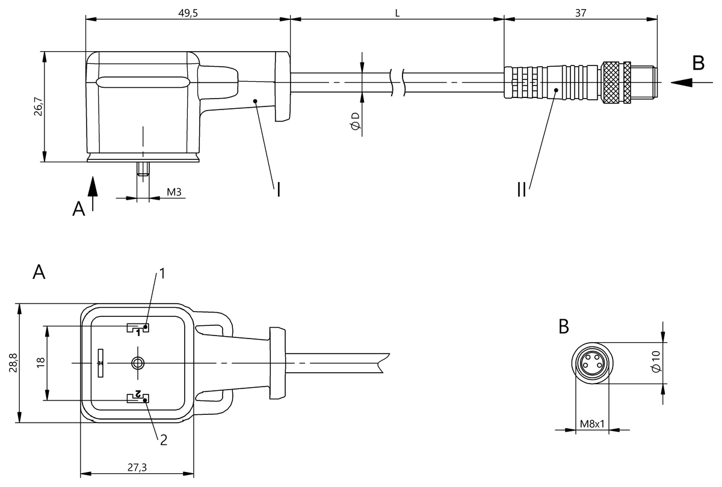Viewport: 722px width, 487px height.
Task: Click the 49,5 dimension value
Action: (188, 13)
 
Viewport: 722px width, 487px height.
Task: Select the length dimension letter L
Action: (397, 13)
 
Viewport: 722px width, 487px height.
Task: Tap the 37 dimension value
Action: (581, 13)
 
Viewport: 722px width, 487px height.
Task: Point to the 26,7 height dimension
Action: (38, 106)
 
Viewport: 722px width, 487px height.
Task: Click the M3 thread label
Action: (174, 192)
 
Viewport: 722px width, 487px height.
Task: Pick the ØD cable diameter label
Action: (356, 121)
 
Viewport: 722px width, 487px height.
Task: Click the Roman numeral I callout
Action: (279, 189)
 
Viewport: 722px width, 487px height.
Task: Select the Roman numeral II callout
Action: (522, 189)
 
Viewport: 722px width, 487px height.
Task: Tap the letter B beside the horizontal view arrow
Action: (698, 63)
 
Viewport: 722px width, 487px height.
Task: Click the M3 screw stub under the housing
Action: (143, 169)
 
